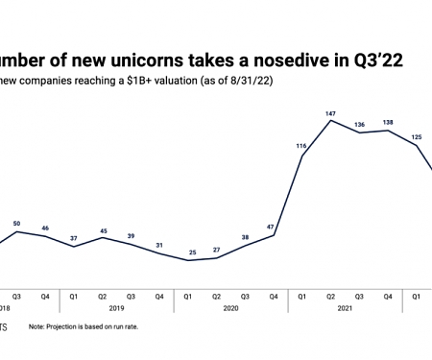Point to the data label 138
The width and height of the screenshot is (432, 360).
(388, 121)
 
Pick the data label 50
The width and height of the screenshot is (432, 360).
(17, 223)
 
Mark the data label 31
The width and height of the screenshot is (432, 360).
(159, 244)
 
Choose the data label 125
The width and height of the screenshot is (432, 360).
(416, 136)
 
